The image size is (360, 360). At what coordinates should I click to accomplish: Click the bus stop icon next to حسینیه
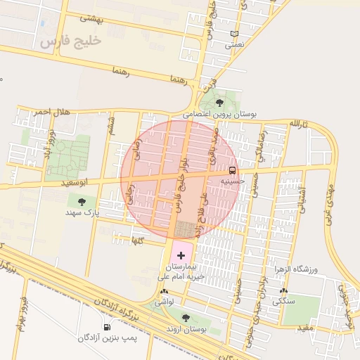(232, 170)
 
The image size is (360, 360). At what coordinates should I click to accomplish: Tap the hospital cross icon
(181, 255)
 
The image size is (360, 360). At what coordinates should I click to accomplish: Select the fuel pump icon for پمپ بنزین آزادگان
(106, 327)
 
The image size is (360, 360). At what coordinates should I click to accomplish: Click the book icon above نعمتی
(234, 34)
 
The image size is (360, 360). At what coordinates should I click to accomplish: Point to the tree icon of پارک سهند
(84, 201)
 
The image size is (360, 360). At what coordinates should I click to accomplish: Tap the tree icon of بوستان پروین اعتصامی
(219, 103)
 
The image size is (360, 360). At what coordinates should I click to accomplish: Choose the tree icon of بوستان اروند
(186, 319)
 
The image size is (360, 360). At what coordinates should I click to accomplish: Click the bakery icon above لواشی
(164, 291)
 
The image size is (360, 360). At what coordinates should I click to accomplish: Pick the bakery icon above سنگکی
(283, 290)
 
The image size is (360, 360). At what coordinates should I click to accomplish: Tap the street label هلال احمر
(51, 112)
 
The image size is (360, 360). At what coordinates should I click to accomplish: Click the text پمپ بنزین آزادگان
(106, 339)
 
